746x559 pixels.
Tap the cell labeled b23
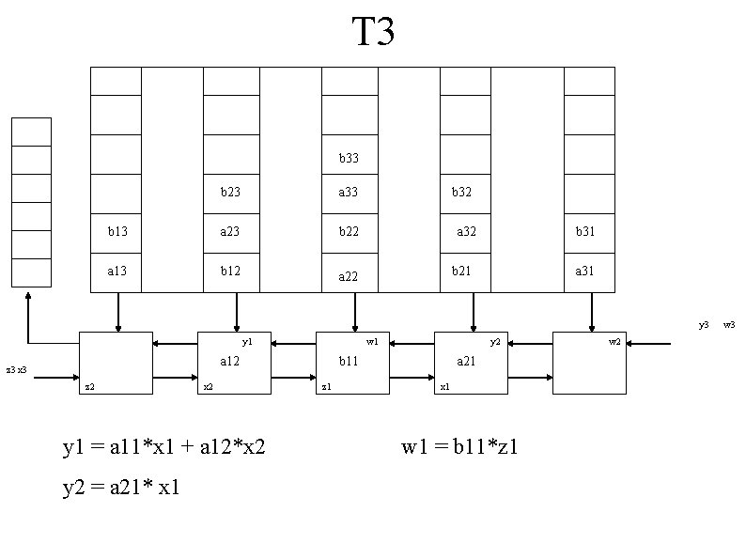pyautogui.click(x=230, y=193)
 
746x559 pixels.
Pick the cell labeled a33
pyautogui.click(x=349, y=193)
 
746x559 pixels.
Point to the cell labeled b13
pyautogui.click(x=117, y=231)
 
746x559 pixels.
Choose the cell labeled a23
pyautogui.click(x=230, y=231)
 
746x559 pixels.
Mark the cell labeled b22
pyautogui.click(x=349, y=231)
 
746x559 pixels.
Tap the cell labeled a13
pyautogui.click(x=117, y=271)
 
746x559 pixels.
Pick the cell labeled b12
pyautogui.click(x=230, y=271)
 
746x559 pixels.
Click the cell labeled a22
pyautogui.click(x=349, y=275)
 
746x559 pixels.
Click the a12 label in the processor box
pyautogui.click(x=230, y=361)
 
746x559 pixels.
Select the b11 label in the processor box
pyautogui.click(x=349, y=361)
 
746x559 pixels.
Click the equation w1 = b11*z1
pyautogui.click(x=460, y=446)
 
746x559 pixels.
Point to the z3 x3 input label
pyautogui.click(x=16, y=370)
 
